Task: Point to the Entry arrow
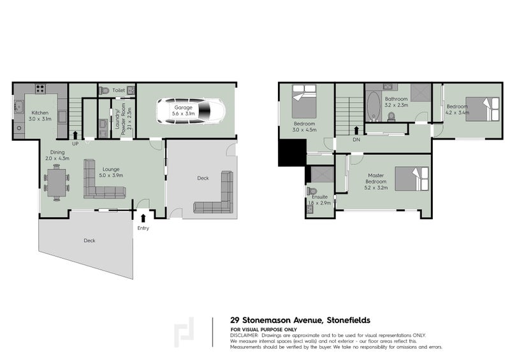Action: tap(143, 219)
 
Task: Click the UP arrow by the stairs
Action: tap(76, 134)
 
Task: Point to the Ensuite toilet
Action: tap(312, 191)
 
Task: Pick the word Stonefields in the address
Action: tap(349, 320)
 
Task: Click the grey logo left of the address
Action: tap(186, 332)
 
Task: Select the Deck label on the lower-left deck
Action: tap(89, 240)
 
